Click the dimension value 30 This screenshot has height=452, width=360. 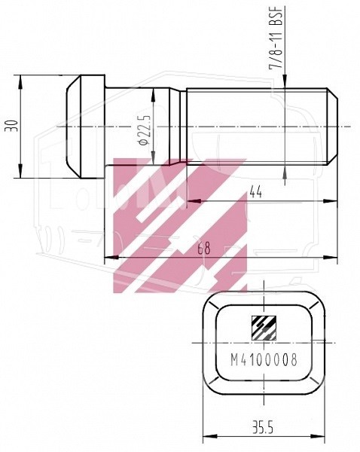(11, 126)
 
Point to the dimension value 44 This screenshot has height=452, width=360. (255, 193)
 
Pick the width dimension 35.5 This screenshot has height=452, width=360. (264, 427)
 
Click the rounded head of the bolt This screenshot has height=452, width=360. (83, 126)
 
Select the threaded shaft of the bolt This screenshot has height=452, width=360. (256, 126)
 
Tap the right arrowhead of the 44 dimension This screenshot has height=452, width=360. (332, 200)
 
